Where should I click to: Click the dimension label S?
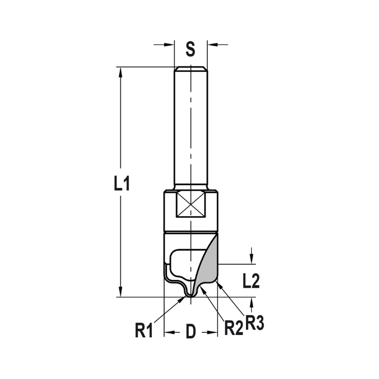coord(190,49)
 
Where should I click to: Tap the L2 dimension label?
coord(251,281)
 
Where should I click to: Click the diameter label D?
coord(190,332)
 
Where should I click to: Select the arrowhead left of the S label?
coord(169,45)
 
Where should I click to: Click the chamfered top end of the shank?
coord(191,69)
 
